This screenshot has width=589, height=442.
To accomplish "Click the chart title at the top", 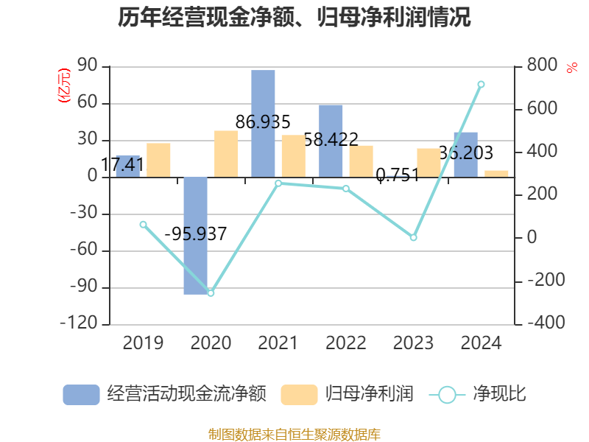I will pyautogui.click(x=294, y=18).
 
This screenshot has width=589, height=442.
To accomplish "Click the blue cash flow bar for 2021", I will pyautogui.click(x=263, y=123).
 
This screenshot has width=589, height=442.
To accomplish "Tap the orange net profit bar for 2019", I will pyautogui.click(x=158, y=160).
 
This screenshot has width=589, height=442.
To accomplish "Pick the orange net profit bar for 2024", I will pyautogui.click(x=496, y=174).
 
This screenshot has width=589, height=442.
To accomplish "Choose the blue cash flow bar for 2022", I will pyautogui.click(x=331, y=140).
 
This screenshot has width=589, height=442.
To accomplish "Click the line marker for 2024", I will pyautogui.click(x=481, y=84).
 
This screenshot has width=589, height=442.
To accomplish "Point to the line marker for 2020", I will pyautogui.click(x=211, y=293).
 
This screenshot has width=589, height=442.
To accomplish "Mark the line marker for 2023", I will pyautogui.click(x=413, y=237).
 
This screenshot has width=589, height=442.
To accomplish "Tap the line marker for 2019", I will pyautogui.click(x=143, y=224).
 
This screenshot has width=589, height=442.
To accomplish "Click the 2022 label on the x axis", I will pyautogui.click(x=345, y=343).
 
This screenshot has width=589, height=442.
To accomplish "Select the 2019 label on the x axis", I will pyautogui.click(x=143, y=343).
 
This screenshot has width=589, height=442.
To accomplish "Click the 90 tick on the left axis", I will pyautogui.click(x=87, y=66).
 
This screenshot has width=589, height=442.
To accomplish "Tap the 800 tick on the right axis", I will pyautogui.click(x=541, y=66).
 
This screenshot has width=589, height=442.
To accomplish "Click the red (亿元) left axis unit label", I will pyautogui.click(x=64, y=85).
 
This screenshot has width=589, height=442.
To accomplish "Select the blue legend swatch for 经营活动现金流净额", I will pyautogui.click(x=81, y=395).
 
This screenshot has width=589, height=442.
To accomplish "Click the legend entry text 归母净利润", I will pyautogui.click(x=369, y=395).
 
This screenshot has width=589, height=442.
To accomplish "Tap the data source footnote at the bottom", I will pyautogui.click(x=294, y=434).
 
